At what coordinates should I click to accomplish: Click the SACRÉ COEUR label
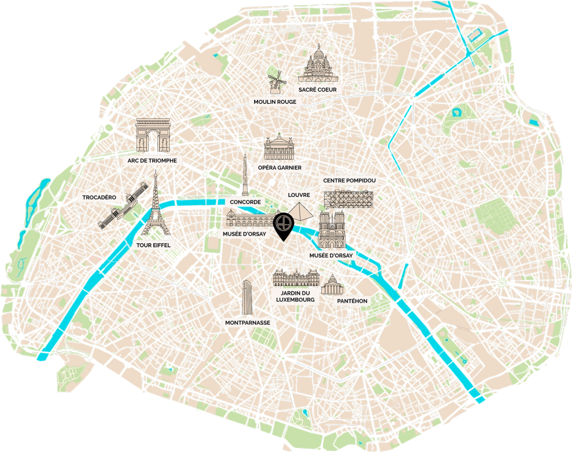[x=320, y=89]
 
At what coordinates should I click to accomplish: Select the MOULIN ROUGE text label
[x=275, y=102]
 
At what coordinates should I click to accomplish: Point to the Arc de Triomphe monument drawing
[x=152, y=136]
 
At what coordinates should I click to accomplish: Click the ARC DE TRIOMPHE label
[x=152, y=161]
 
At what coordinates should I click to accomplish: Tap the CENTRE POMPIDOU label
[x=347, y=181]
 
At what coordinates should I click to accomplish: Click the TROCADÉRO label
[x=99, y=198]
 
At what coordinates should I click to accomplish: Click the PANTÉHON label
[x=352, y=301]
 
